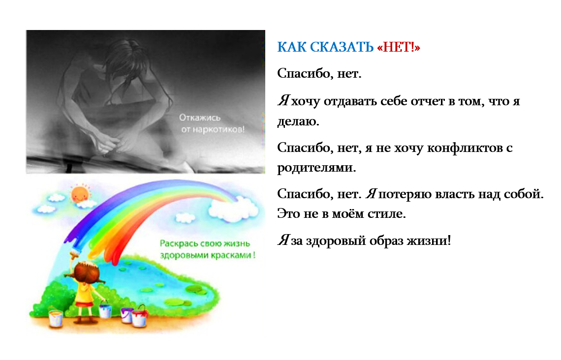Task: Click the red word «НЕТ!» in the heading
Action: pyautogui.click(x=398, y=47)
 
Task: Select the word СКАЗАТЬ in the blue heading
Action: pyautogui.click(x=342, y=47)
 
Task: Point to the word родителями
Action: pyautogui.click(x=316, y=168)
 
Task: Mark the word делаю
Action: pyautogui.click(x=298, y=121)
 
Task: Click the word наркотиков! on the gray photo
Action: pyautogui.click(x=218, y=129)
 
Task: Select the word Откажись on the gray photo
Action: pyautogui.click(x=200, y=118)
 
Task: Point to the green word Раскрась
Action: pyautogui.click(x=178, y=243)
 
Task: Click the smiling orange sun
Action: pyautogui.click(x=79, y=194)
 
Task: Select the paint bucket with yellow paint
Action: pyautogui.click(x=56, y=318)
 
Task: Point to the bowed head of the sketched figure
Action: pyautogui.click(x=122, y=61)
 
